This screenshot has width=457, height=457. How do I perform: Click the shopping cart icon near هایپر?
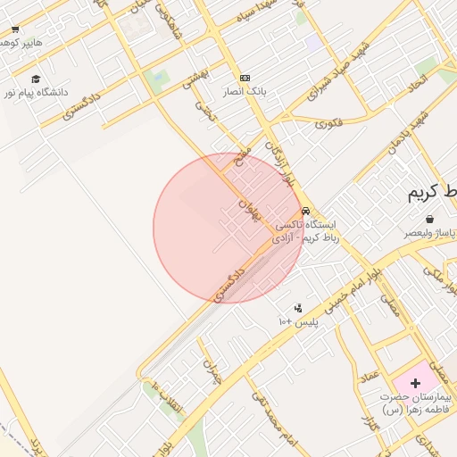pos(15,29)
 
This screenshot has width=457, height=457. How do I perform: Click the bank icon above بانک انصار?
pos(245,78)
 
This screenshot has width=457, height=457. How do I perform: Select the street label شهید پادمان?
pos(407,132)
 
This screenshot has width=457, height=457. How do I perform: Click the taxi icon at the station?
pos(306,212)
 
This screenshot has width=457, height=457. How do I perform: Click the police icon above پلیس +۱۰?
pos(297,308)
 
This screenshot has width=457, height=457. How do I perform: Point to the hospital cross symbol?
pos(415,382)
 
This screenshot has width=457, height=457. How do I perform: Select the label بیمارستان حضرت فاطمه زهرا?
pos(416,402)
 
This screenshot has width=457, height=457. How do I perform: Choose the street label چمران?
pos(212,372)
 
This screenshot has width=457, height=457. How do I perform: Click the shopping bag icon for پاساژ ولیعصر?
pos(430,219)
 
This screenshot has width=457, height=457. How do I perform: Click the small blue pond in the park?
pos(159,79)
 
